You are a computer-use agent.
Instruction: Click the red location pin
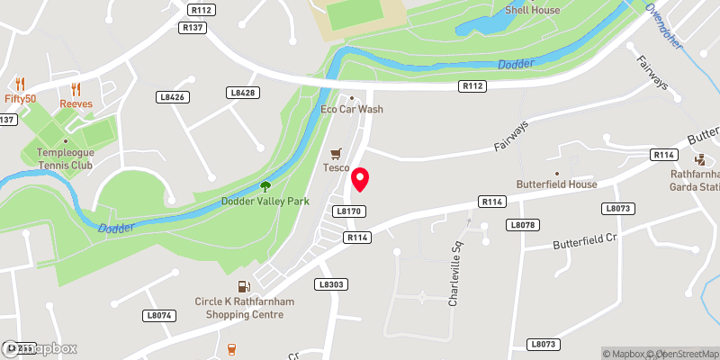pyautogui.click(x=360, y=179)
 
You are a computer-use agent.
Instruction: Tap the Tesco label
pyautogui.click(x=336, y=168)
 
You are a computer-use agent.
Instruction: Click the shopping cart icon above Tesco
pyautogui.click(x=336, y=154)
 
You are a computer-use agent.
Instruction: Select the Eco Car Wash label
pyautogui.click(x=352, y=110)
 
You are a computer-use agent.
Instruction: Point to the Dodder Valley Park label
pyautogui.click(x=265, y=202)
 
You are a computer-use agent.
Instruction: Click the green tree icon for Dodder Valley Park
pyautogui.click(x=265, y=186)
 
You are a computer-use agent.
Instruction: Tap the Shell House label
pyautogui.click(x=532, y=11)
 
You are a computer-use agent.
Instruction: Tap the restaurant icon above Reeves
pyautogui.click(x=76, y=89)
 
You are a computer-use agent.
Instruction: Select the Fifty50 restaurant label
pyautogui.click(x=19, y=99)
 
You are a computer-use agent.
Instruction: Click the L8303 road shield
pyautogui.click(x=329, y=284)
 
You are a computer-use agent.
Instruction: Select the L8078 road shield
pyautogui.click(x=522, y=224)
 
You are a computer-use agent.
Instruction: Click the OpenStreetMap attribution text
pyautogui.click(x=688, y=353)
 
